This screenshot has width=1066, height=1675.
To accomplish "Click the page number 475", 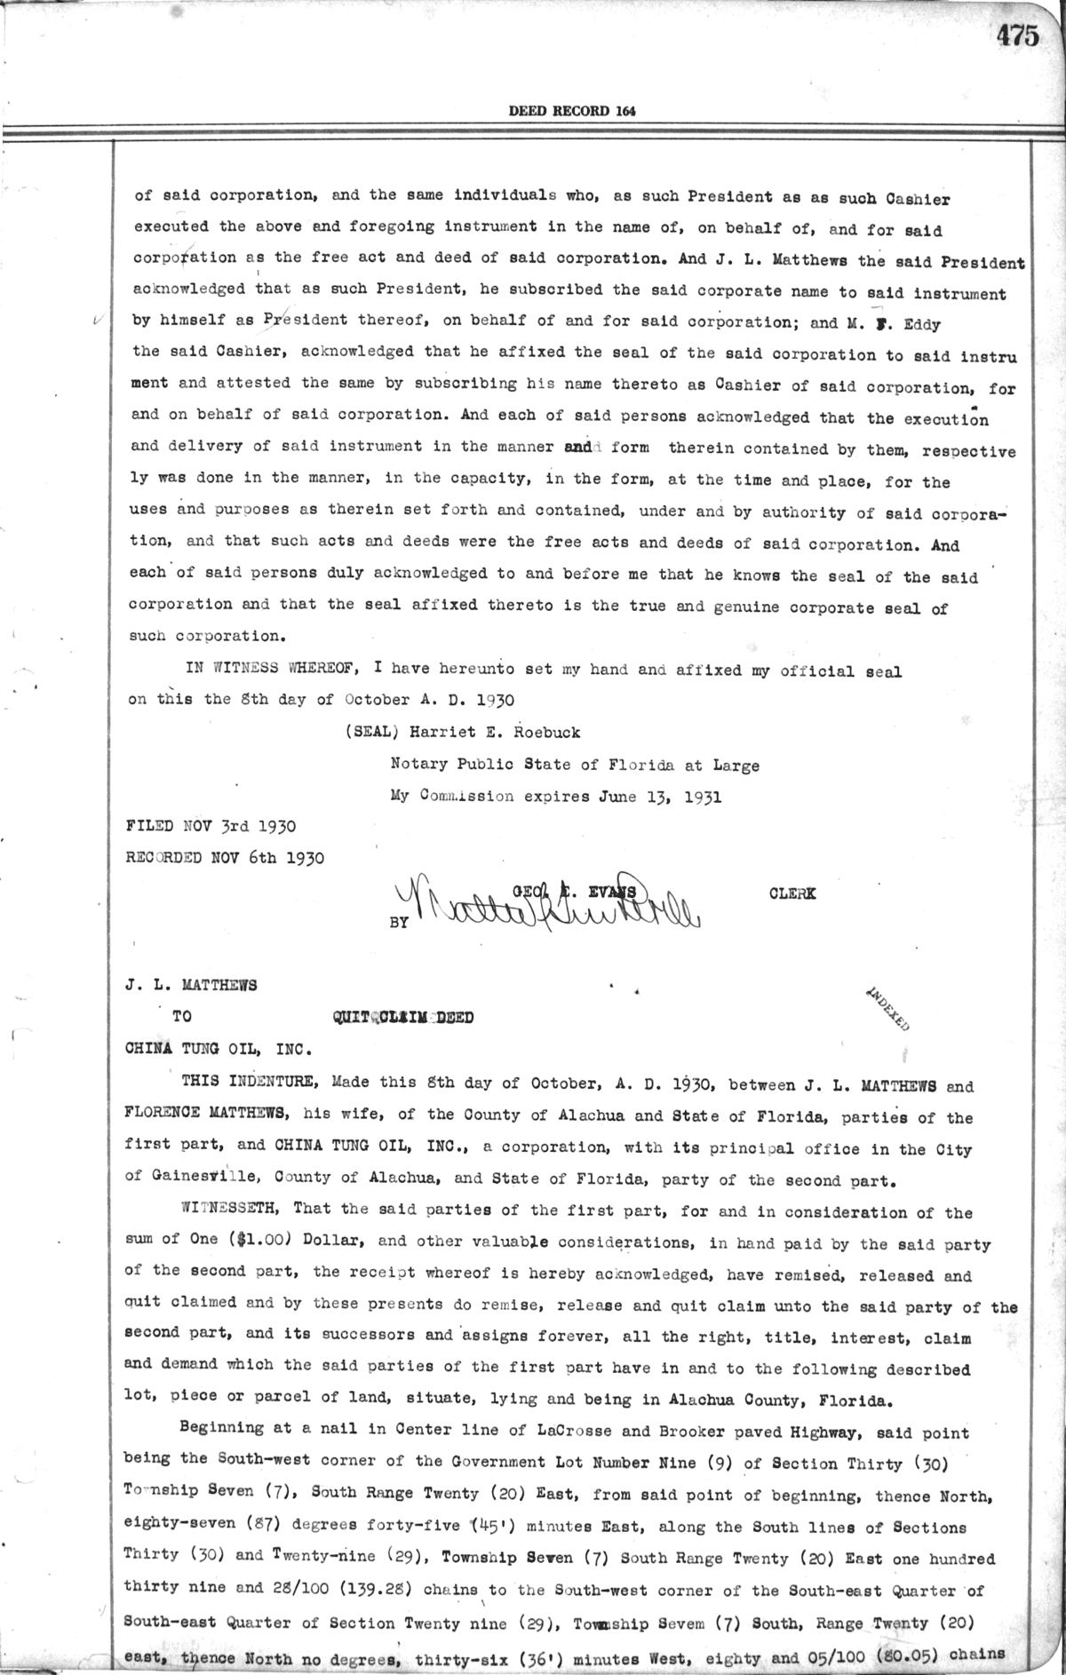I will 1016,36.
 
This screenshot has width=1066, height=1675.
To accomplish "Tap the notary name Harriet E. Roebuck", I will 469,733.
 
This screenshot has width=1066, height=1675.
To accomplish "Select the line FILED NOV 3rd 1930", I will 212,826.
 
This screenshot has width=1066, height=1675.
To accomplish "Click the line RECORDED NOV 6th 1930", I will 226,858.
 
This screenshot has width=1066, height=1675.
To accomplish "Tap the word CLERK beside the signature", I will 792,894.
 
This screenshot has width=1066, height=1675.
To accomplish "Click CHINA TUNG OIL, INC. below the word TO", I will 219,1049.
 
